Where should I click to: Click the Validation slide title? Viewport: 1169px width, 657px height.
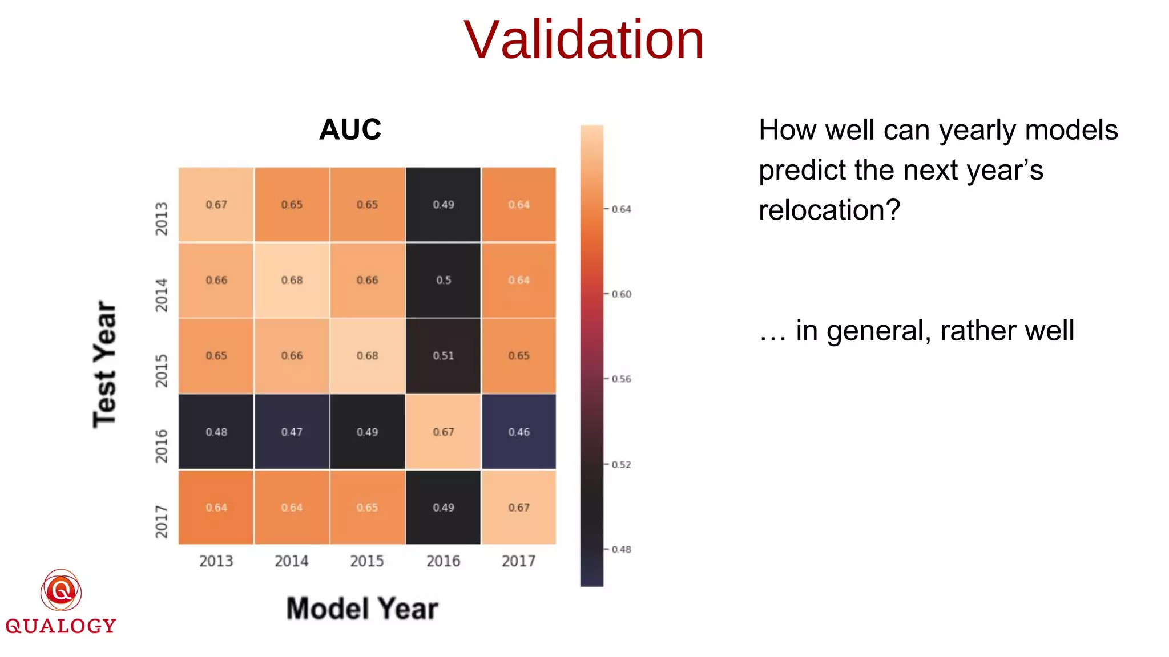coord(583,40)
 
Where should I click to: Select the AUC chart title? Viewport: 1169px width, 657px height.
coord(350,129)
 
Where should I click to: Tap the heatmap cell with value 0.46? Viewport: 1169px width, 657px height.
coord(519,432)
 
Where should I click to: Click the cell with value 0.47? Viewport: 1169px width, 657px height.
coord(292,432)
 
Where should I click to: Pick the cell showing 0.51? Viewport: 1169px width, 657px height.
coord(443,356)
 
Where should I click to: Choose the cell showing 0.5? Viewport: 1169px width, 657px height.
coord(443,280)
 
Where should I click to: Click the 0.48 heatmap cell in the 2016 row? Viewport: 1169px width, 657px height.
coord(216,432)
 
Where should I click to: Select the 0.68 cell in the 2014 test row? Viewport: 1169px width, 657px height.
coord(292,280)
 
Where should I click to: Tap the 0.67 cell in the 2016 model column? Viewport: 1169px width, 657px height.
coord(443,432)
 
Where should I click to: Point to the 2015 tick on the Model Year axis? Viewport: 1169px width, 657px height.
coord(366,561)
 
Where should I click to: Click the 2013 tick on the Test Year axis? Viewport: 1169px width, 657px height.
coord(162,218)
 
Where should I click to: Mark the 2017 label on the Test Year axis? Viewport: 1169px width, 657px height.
coord(162,521)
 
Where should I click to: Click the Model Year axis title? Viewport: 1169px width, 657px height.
coord(362,609)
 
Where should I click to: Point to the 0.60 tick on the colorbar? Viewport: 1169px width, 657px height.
coord(621,294)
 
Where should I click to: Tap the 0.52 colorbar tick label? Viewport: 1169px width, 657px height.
coord(621,465)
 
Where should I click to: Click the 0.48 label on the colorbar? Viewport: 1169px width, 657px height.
coord(621,549)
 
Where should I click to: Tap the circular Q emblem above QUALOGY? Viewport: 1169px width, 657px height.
coord(61,590)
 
